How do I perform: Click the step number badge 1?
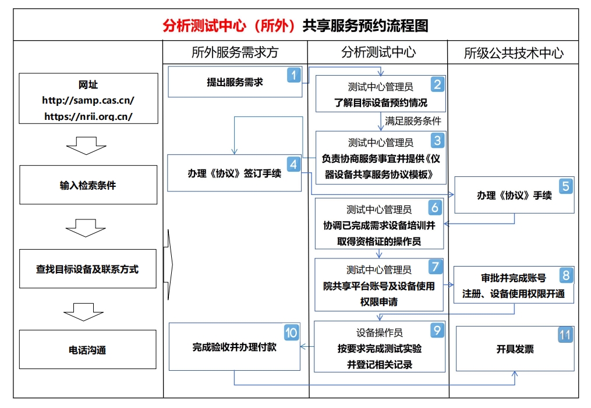point(294,74)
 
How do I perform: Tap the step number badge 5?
point(565,186)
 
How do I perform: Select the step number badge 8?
point(565,275)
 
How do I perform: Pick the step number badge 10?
point(291,333)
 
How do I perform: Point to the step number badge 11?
point(565,335)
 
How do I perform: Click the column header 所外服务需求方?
point(235,52)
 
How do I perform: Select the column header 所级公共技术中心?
point(514,53)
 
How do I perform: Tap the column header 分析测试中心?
point(378,52)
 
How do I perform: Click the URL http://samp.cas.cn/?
point(88,100)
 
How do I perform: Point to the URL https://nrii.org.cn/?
point(88,116)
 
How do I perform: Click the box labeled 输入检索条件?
point(88,185)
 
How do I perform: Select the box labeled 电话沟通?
point(88,350)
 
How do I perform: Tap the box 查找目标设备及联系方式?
point(88,269)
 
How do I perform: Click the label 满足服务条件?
point(413,121)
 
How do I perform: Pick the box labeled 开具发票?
point(515,349)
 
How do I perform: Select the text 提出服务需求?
point(235,82)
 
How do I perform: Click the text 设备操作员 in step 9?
point(379,333)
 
